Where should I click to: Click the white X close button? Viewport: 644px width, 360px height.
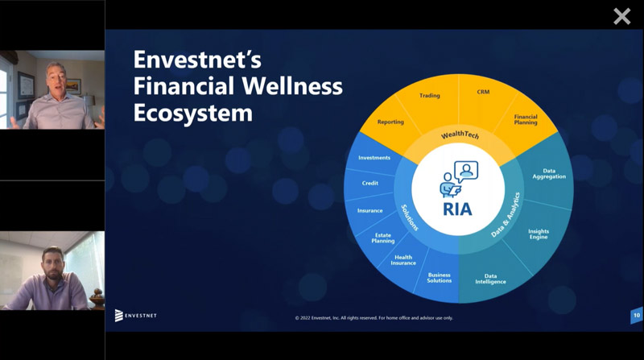tap(621, 17)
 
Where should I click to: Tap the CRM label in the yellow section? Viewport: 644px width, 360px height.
tap(483, 92)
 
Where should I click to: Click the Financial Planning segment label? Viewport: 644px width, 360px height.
tap(526, 119)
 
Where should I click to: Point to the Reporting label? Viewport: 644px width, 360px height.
tap(390, 122)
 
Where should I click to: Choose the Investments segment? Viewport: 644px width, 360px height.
tap(374, 158)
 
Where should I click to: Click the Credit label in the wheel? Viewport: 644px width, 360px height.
tap(370, 184)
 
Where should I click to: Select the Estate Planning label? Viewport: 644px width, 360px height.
tap(383, 238)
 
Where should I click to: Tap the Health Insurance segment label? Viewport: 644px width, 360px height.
tap(403, 260)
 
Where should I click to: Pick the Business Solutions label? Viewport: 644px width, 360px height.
tap(439, 278)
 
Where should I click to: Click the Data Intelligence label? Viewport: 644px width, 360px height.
tap(490, 279)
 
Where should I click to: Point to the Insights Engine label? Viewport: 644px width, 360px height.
tap(539, 234)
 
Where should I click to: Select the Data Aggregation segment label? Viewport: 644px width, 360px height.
tap(549, 174)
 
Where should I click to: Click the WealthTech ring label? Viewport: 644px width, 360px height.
tap(460, 134)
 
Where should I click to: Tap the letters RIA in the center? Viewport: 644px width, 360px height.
tap(457, 209)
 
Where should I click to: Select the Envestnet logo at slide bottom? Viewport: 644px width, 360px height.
tap(135, 316)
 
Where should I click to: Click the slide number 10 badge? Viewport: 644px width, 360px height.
tap(637, 316)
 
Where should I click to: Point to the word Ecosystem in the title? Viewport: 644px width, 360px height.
tap(193, 113)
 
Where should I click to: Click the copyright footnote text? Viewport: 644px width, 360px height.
tap(374, 318)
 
